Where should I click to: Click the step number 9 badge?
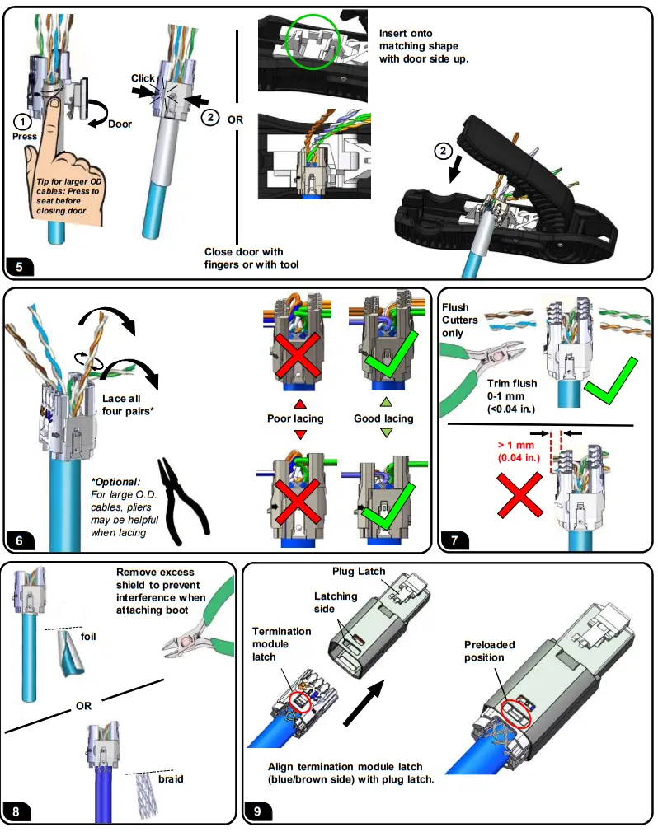click(x=257, y=812)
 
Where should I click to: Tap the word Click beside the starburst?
click(x=143, y=78)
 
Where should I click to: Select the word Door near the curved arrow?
click(x=120, y=124)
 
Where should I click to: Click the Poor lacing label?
click(x=295, y=418)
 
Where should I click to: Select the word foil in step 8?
click(x=91, y=635)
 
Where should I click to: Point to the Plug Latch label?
click(x=359, y=571)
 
